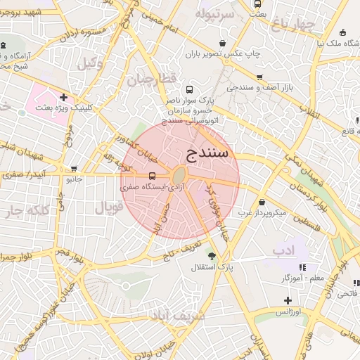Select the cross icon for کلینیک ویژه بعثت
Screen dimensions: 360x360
(x=64, y=97)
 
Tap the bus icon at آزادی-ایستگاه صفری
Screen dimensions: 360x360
(x=152, y=176)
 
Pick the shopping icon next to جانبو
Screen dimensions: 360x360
(x=74, y=169)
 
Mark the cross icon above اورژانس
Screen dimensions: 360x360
(x=288, y=300)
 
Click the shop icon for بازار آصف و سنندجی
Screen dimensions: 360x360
(x=259, y=77)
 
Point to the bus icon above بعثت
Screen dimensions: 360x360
(x=258, y=4)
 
